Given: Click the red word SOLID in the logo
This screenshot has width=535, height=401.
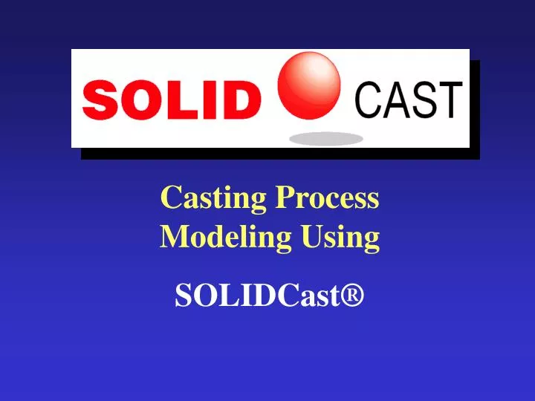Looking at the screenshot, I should pos(167,100).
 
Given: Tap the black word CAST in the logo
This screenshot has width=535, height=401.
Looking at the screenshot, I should pos(409,100).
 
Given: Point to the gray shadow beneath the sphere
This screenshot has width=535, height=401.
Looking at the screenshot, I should pos(326,138).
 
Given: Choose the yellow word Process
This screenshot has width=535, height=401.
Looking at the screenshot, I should pos(328,198).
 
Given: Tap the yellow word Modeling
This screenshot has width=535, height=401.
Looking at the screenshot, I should pos(226,237).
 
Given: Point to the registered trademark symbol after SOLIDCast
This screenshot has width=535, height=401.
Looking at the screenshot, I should pos(352,296).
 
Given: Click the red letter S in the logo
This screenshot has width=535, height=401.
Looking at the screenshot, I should pos(98,100).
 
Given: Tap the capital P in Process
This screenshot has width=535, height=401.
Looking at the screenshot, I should pos(284,198).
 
